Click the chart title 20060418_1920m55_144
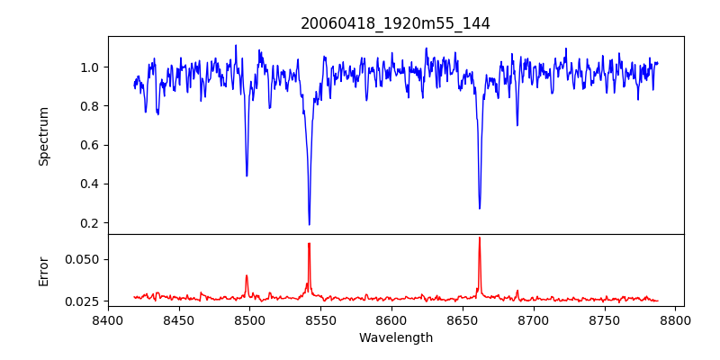point(395,23)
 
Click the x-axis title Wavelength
point(395,338)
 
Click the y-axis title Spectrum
point(43,136)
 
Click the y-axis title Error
point(43,271)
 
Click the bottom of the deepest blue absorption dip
point(309,224)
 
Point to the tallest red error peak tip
point(479,238)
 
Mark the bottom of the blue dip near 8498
point(247,175)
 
